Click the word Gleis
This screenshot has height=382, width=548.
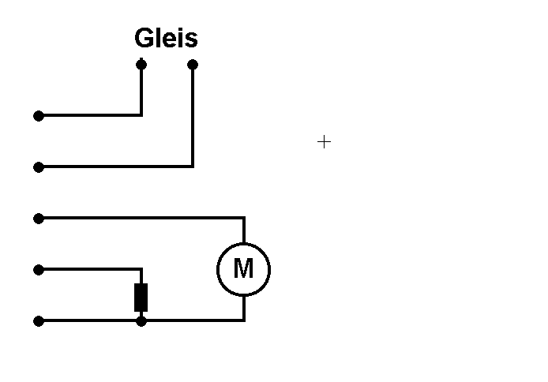pyautogui.click(x=166, y=38)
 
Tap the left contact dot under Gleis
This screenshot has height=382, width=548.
pyautogui.click(x=141, y=64)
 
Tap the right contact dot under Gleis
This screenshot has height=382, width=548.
pyautogui.click(x=193, y=64)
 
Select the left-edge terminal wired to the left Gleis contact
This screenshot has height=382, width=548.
pyautogui.click(x=39, y=116)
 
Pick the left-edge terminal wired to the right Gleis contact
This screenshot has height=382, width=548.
pyautogui.click(x=39, y=167)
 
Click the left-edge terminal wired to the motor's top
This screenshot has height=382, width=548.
pyautogui.click(x=39, y=218)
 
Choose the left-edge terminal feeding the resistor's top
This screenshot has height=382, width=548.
pyautogui.click(x=39, y=270)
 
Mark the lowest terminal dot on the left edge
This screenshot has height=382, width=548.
pyautogui.click(x=39, y=321)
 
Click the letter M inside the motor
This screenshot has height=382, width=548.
pyautogui.click(x=243, y=269)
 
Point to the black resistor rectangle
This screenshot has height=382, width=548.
pyautogui.click(x=141, y=297)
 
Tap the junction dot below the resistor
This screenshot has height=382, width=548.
pyautogui.click(x=141, y=321)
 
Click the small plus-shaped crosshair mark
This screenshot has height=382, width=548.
pyautogui.click(x=324, y=142)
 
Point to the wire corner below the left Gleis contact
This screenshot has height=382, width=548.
pyautogui.click(x=141, y=115)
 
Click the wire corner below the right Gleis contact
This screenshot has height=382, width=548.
pyautogui.click(x=193, y=167)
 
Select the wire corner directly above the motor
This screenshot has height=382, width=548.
pyautogui.click(x=243, y=218)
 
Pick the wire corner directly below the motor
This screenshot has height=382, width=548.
pyautogui.click(x=243, y=320)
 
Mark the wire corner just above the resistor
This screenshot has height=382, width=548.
pyautogui.click(x=141, y=270)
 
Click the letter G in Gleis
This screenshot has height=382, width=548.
pyautogui.click(x=145, y=38)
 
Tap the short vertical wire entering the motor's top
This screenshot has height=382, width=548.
pyautogui.click(x=243, y=230)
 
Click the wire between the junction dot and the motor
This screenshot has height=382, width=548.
pyautogui.click(x=193, y=320)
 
